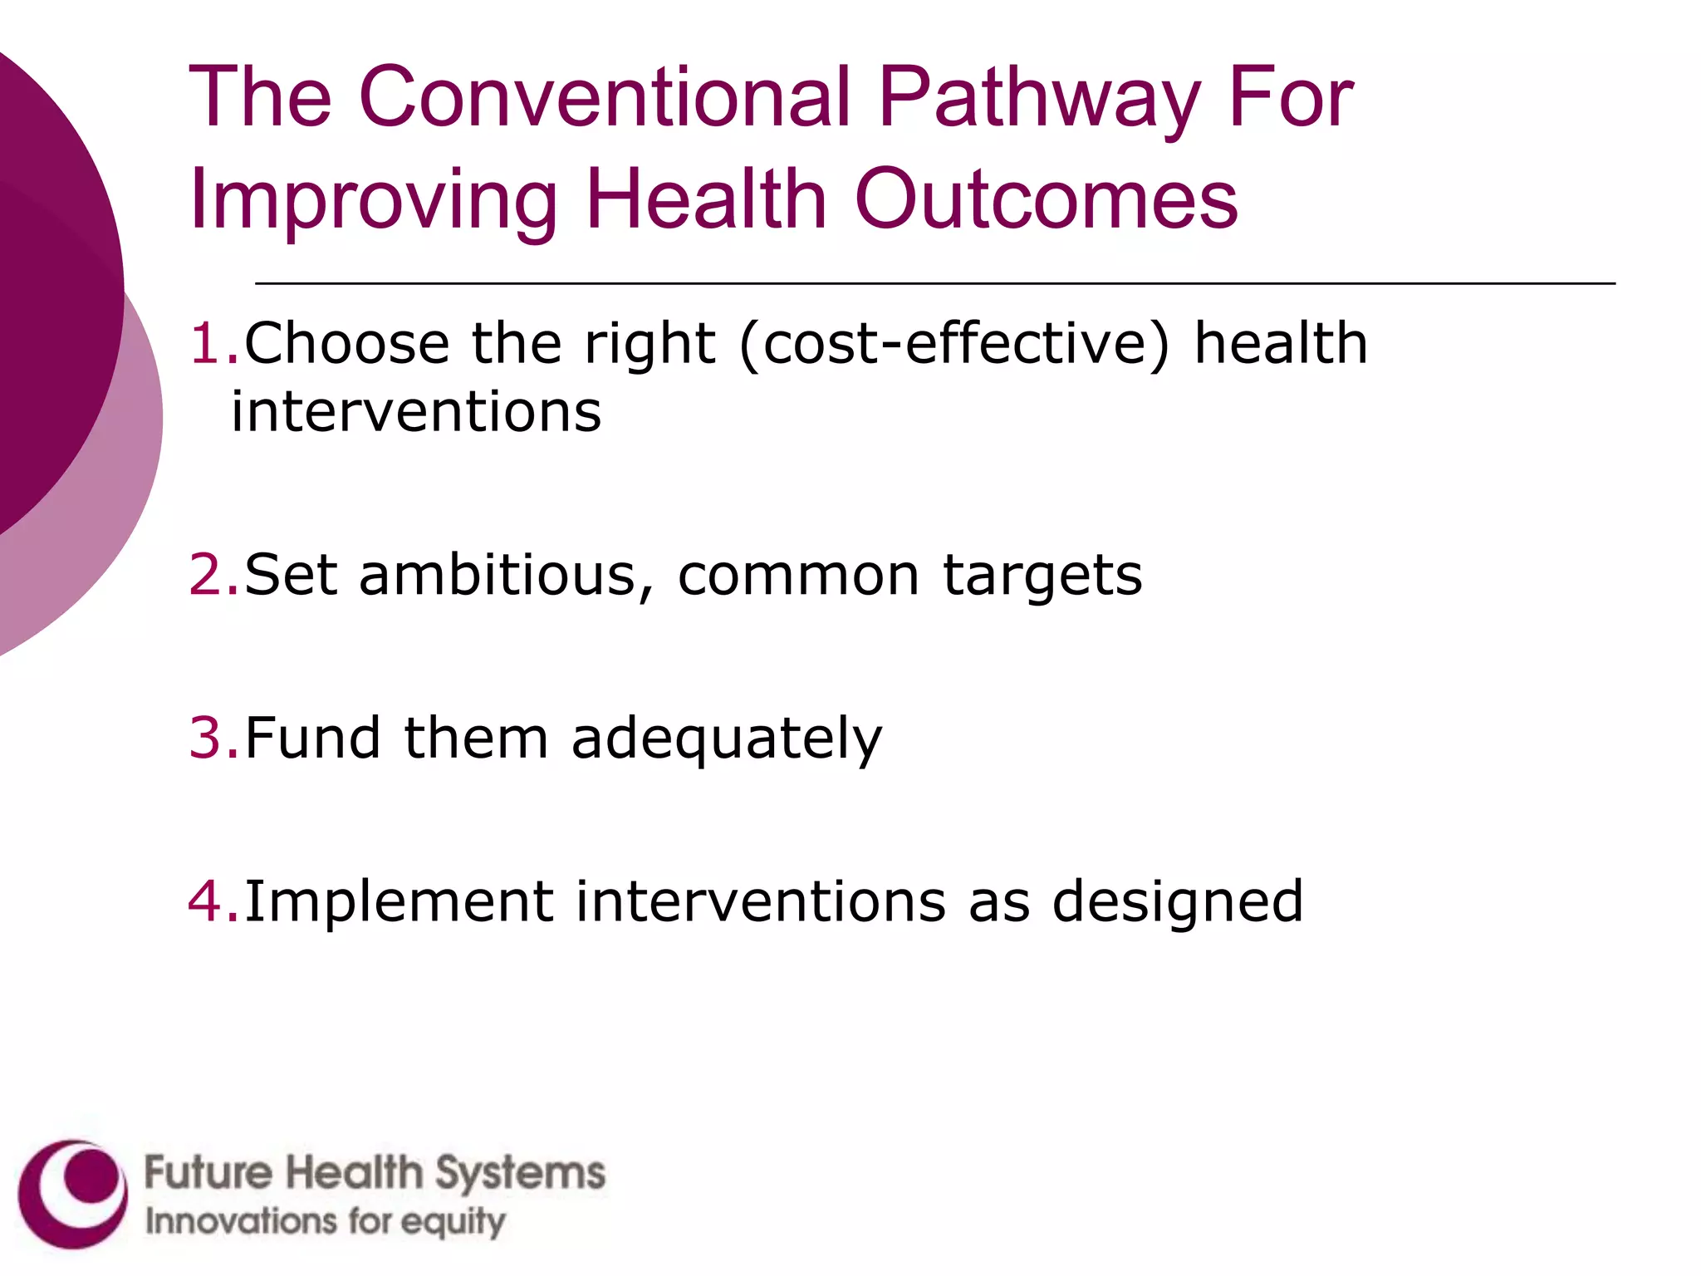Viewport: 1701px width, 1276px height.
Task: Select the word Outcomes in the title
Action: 1046,199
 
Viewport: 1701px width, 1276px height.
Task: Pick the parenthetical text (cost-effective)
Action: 954,345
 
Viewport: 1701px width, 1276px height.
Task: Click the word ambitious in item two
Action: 506,575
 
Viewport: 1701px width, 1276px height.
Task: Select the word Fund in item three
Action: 312,738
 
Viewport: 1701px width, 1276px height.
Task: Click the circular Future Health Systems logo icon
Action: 73,1195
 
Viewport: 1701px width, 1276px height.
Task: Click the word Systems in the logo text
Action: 521,1173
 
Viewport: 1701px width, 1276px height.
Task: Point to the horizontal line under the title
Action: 934,284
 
